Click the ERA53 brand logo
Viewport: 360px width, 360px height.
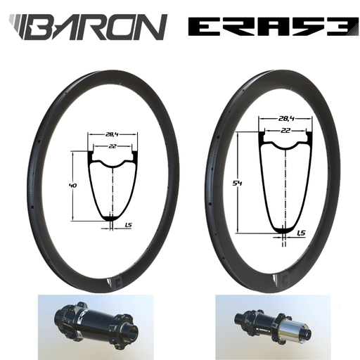click(x=266, y=27)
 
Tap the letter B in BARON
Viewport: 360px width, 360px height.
click(x=53, y=27)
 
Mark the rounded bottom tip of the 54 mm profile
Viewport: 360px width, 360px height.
click(x=283, y=229)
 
